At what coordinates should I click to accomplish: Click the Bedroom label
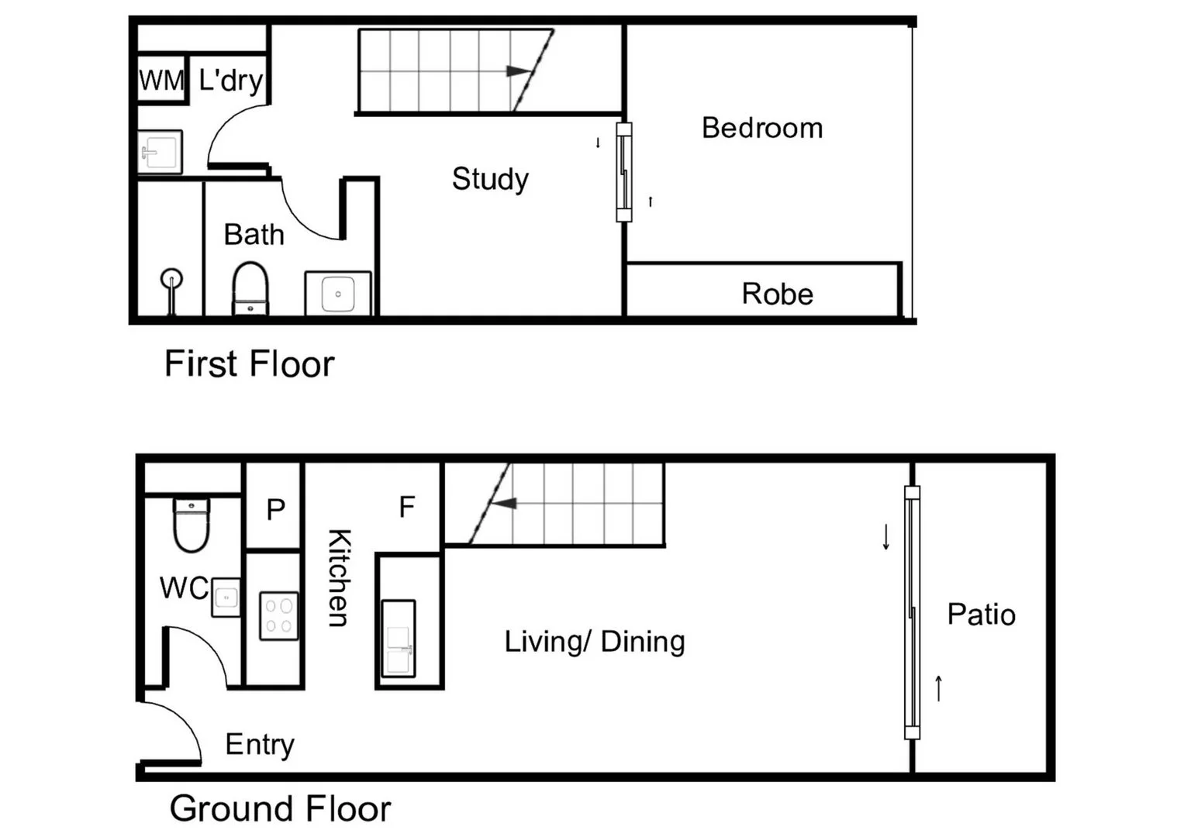(761, 128)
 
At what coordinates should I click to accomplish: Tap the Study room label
(490, 179)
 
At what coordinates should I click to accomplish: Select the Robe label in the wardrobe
(777, 294)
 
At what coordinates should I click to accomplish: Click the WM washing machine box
(161, 79)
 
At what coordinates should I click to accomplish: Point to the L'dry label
(230, 80)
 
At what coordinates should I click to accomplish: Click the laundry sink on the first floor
(161, 151)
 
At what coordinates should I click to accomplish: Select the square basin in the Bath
(338, 294)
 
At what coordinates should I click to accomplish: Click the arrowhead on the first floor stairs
(516, 71)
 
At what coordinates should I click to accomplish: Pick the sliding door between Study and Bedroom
(623, 172)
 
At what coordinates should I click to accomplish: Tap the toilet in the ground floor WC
(191, 525)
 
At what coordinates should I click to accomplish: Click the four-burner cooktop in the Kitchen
(279, 616)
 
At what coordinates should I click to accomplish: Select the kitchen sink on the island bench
(399, 638)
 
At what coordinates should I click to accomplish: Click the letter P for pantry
(275, 509)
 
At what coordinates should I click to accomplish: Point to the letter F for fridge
(406, 507)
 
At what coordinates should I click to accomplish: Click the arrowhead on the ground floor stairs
(504, 504)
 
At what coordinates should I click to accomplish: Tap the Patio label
(981, 615)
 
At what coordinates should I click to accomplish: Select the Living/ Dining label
(595, 642)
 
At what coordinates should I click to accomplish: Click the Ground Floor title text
(280, 808)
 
